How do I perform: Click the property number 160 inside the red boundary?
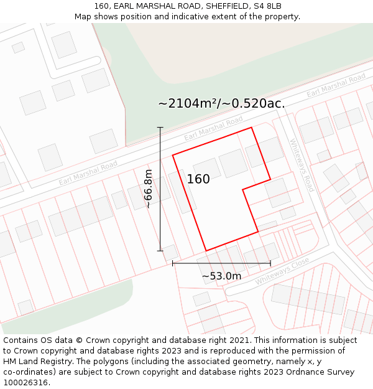198,179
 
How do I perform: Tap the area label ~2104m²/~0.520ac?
221,103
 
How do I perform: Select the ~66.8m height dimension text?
148,189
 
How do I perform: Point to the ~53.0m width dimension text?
221,276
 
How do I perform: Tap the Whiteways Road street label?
302,165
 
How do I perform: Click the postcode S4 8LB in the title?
267,6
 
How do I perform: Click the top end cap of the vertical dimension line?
160,128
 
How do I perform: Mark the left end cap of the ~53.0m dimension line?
173,263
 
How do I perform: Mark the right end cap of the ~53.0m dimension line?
270,263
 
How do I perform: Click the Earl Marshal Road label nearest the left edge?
88,173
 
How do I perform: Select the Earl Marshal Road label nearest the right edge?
336,85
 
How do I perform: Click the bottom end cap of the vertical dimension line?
160,251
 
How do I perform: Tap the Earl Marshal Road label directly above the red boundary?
213,128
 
